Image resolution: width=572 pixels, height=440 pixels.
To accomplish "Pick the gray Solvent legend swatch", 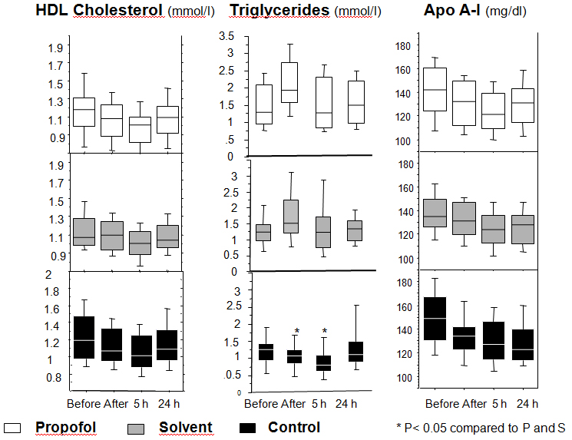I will pyautogui.click(x=135, y=427).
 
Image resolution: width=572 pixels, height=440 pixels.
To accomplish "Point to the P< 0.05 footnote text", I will pyautogui.click(x=479, y=428).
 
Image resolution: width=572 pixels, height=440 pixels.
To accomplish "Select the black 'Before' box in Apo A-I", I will pyautogui.click(x=435, y=318).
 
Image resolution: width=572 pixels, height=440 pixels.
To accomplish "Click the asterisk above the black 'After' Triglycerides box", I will pyautogui.click(x=296, y=331).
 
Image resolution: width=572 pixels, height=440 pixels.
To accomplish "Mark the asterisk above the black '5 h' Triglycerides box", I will pyautogui.click(x=325, y=331).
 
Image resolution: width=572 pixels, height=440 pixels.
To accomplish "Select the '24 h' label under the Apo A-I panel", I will pyautogui.click(x=526, y=403).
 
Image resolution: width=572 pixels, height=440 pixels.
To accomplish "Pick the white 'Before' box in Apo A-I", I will pyautogui.click(x=435, y=89).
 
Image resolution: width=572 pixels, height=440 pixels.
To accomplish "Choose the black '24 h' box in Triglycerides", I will pyautogui.click(x=356, y=352).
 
